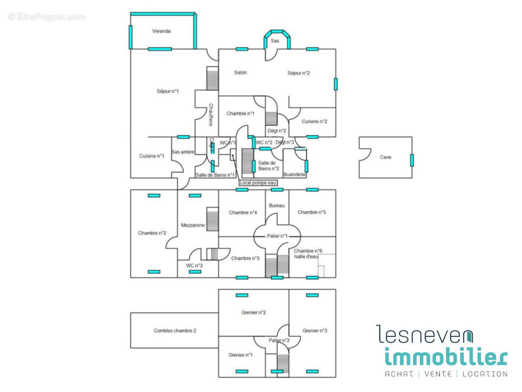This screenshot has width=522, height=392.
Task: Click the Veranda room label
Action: point(161,31)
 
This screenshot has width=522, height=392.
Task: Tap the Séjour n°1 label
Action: point(167,91)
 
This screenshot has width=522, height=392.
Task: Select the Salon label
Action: point(240,73)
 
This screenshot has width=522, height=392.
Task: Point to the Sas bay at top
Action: point(275,41)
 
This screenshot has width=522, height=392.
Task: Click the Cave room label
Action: point(386,157)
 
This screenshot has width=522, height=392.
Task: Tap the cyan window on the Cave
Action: point(412,160)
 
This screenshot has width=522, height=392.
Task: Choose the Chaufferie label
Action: point(211,114)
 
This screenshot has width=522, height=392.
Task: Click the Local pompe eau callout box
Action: point(258,183)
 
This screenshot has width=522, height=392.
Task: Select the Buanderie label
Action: point(294,174)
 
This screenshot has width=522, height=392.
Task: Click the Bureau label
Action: point(277,205)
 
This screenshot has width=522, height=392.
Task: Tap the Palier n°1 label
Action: point(277,236)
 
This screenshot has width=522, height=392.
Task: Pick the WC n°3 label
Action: point(194,266)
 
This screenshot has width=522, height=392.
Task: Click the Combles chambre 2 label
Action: point(175,331)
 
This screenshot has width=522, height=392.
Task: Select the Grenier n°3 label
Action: point(314,331)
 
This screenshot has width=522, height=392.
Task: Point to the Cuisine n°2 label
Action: point(314,122)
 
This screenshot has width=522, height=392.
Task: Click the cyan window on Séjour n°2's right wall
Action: point(335,84)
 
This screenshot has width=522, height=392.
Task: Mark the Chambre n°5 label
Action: point(312,212)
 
